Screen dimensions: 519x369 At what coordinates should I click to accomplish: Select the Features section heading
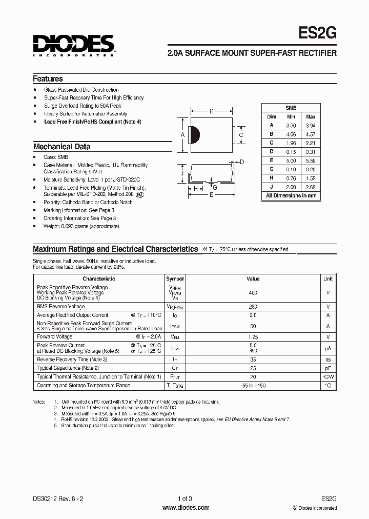48,79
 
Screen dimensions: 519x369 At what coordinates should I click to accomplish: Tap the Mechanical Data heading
61,147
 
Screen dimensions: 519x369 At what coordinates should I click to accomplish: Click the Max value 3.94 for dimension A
311,125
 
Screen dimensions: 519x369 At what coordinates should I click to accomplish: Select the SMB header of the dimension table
291,108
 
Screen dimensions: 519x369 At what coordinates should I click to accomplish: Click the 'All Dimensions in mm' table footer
291,195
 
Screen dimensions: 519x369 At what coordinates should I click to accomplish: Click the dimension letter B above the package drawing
212,111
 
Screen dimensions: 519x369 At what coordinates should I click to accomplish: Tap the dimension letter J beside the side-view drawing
182,174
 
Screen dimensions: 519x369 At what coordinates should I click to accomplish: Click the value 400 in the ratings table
253,292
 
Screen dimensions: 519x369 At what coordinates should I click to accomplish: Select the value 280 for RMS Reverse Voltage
253,306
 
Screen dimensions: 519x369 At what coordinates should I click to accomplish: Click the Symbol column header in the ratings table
175,278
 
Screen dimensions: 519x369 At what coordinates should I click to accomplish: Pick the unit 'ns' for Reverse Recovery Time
328,360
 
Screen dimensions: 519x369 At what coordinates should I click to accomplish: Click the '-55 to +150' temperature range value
253,385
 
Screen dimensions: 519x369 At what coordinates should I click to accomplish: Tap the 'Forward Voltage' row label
55,337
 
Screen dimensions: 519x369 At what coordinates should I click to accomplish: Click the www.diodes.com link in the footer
186,508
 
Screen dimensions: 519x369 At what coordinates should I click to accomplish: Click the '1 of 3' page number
185,498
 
